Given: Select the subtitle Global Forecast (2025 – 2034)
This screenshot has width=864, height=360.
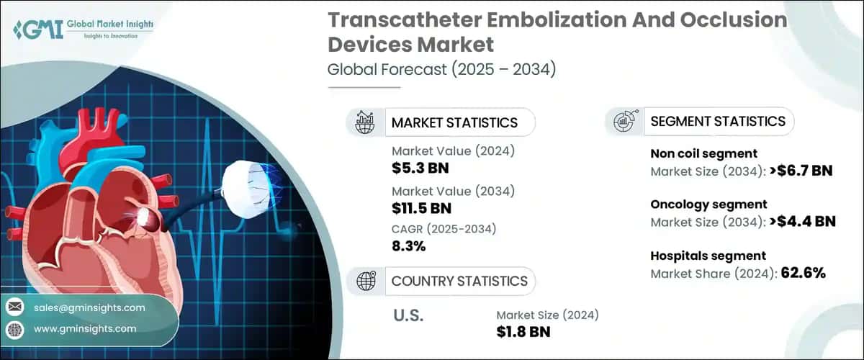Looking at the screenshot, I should pyautogui.click(x=441, y=70).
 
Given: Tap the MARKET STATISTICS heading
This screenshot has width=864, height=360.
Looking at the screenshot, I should pyautogui.click(x=454, y=122).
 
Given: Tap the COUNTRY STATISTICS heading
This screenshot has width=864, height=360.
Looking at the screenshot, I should pyautogui.click(x=459, y=281).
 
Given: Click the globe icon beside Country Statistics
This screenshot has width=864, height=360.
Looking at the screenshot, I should pyautogui.click(x=365, y=281).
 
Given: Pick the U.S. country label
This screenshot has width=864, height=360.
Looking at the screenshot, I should pyautogui.click(x=408, y=315).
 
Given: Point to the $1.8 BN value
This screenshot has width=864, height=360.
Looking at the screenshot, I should pyautogui.click(x=523, y=331).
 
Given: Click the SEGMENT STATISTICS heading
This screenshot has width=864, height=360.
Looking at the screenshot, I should pyautogui.click(x=717, y=122).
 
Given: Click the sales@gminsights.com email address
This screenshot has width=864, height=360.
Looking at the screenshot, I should pyautogui.click(x=89, y=307).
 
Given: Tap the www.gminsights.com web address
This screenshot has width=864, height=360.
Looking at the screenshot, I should pyautogui.click(x=85, y=328).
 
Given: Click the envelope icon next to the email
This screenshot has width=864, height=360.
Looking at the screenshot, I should pyautogui.click(x=14, y=307).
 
